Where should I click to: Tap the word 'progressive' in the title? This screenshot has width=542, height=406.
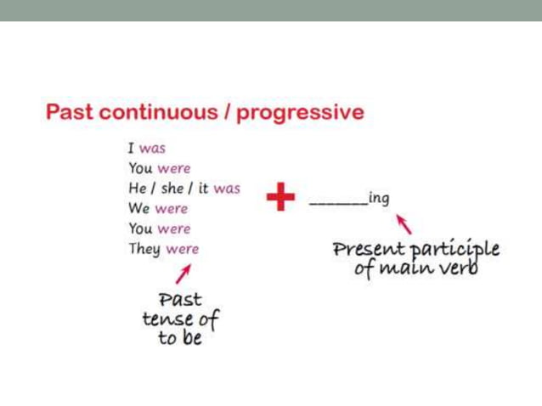click(300, 114)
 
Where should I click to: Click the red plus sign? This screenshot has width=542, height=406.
click(280, 199)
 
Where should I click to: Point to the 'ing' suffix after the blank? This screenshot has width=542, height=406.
click(379, 199)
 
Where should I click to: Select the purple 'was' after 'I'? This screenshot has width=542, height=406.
click(152, 149)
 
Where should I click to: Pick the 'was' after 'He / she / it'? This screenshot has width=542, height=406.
click(227, 189)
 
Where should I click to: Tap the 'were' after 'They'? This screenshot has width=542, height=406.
click(182, 250)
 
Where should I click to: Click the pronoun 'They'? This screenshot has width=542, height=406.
click(144, 250)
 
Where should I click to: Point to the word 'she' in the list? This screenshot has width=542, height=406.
click(174, 189)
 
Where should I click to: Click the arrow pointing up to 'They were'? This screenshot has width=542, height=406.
click(183, 273)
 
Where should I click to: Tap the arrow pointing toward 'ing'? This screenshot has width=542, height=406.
click(405, 224)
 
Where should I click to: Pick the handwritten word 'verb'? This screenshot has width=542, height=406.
click(459, 269)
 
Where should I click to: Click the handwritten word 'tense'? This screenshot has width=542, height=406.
click(167, 320)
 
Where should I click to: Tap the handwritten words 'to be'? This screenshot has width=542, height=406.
click(180, 339)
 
